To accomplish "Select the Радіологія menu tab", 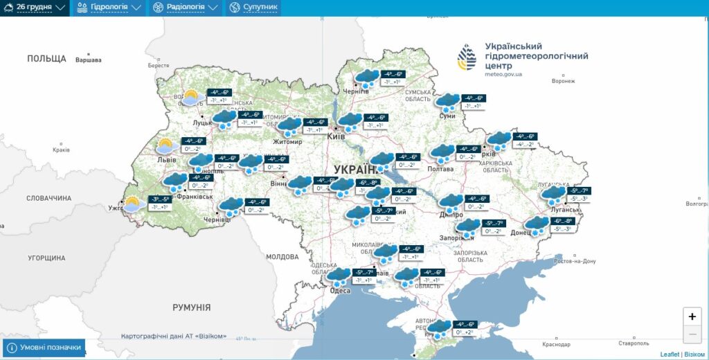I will pyautogui.click(x=184, y=8).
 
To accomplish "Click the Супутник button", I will pyautogui.click(x=253, y=8).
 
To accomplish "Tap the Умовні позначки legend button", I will pyautogui.click(x=44, y=348).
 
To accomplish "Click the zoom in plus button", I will pyautogui.click(x=692, y=316).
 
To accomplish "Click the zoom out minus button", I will pyautogui.click(x=692, y=334).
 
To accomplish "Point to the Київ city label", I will pyautogui.click(x=336, y=137).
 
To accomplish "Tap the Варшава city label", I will pyautogui.click(x=88, y=60).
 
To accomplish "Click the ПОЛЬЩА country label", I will pyautogui.click(x=46, y=59).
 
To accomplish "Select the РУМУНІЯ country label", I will pyautogui.click(x=191, y=307).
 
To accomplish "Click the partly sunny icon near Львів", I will pyautogui.click(x=165, y=147).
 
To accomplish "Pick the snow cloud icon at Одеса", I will pyautogui.click(x=339, y=278).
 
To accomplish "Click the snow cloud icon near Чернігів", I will pyautogui.click(x=367, y=78).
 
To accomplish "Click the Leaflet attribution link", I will pyautogui.click(x=670, y=354).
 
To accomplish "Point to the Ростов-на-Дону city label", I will pyautogui.click(x=575, y=261).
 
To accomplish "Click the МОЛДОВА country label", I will pyautogui.click(x=282, y=257).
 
